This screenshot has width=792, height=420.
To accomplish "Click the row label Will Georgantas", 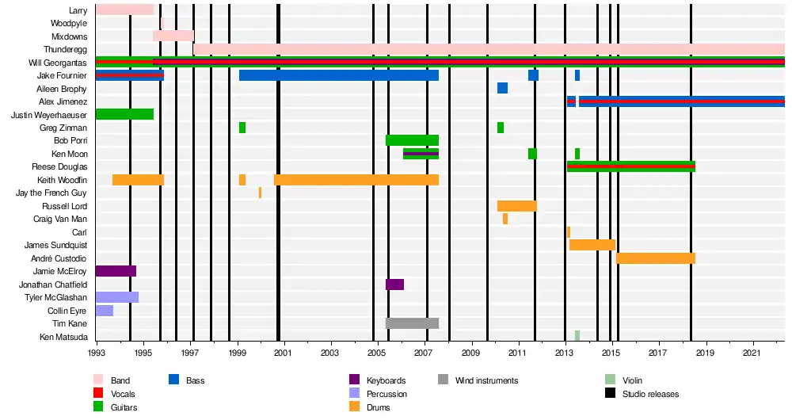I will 59,63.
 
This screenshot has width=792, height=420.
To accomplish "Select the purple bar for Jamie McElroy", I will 116,271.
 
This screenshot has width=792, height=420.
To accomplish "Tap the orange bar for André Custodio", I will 655,258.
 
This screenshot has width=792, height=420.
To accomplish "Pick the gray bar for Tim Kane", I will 412,323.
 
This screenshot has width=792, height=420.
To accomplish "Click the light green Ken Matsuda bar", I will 577,336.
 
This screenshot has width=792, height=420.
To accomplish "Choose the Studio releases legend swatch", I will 610,394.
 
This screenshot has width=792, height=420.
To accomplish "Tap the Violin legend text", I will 638,381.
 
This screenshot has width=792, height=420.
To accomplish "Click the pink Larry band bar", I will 124,10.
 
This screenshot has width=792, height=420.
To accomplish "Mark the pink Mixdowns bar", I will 173,36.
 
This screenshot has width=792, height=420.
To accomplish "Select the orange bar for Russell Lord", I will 516,206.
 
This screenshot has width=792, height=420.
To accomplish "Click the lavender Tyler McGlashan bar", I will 117,297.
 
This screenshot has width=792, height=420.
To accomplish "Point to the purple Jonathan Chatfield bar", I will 394,284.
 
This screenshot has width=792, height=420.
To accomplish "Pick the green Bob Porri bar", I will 412,140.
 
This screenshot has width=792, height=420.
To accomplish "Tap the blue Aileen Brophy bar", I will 502,88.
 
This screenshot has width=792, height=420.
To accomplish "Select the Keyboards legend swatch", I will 354,380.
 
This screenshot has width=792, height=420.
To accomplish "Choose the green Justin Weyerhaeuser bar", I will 124,114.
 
